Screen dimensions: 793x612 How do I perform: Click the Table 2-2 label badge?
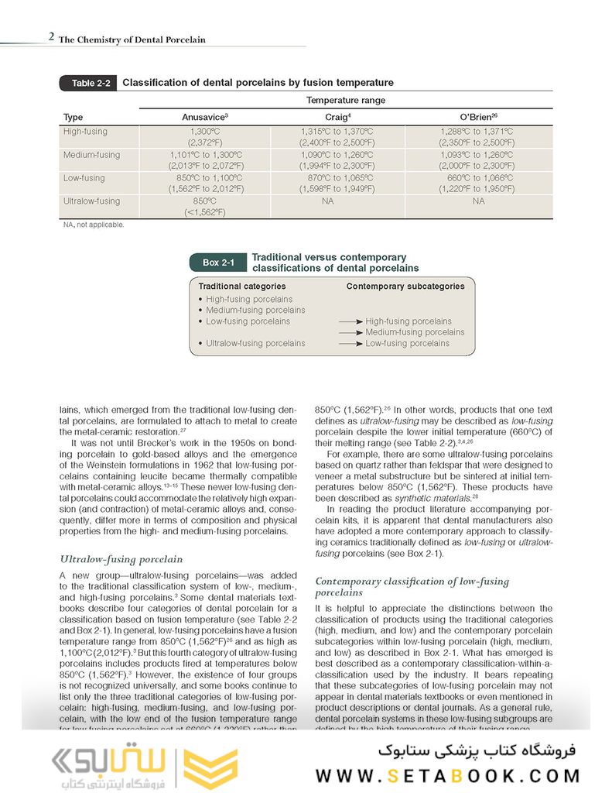[88, 83]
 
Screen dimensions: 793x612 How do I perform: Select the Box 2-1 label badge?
[218, 263]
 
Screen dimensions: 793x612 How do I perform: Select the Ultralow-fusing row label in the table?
[91, 201]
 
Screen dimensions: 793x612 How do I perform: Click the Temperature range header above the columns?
[345, 101]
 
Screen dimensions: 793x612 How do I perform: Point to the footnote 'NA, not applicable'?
[93, 225]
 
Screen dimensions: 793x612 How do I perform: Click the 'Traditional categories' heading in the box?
[242, 287]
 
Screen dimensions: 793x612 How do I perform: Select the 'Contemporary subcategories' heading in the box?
[405, 287]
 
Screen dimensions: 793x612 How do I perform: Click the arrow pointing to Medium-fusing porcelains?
[350, 332]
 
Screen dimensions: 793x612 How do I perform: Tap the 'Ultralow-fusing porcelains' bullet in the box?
[255, 343]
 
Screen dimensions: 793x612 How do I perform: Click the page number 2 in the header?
[51, 38]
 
